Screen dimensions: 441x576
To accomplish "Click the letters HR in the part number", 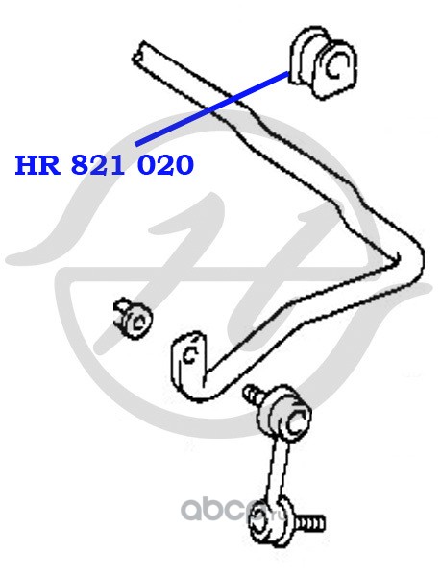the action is pos(37,165).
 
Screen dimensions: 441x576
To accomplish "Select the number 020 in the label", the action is pos(165,165).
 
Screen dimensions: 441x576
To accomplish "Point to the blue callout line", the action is pos(212,108).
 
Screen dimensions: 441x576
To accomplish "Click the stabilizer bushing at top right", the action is pos(323,62).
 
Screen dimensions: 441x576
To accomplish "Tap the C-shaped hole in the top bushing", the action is pos(336,66).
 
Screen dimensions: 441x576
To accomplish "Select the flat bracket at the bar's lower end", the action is pos(188,364).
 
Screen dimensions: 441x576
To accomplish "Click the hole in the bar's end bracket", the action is pos(190,354).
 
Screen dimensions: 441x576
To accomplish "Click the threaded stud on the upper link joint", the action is pos(253,394).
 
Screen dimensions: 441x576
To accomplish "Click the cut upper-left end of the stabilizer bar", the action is pos(139,55).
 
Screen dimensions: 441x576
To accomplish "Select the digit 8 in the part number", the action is pos(82,165).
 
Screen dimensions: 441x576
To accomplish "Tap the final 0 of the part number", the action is pos(184,165).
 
